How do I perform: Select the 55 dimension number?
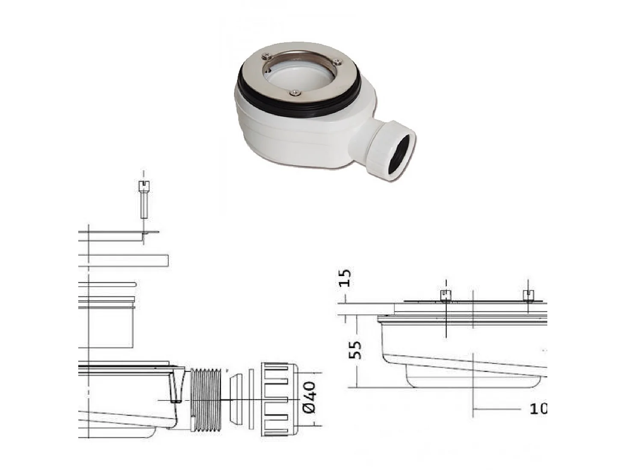click(x=354, y=350)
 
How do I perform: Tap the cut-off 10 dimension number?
click(x=538, y=409)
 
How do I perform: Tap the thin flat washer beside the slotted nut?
click(x=251, y=400)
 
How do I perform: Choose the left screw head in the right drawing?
click(x=446, y=295)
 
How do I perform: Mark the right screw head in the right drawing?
click(x=529, y=295)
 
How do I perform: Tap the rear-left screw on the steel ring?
click(x=266, y=55)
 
